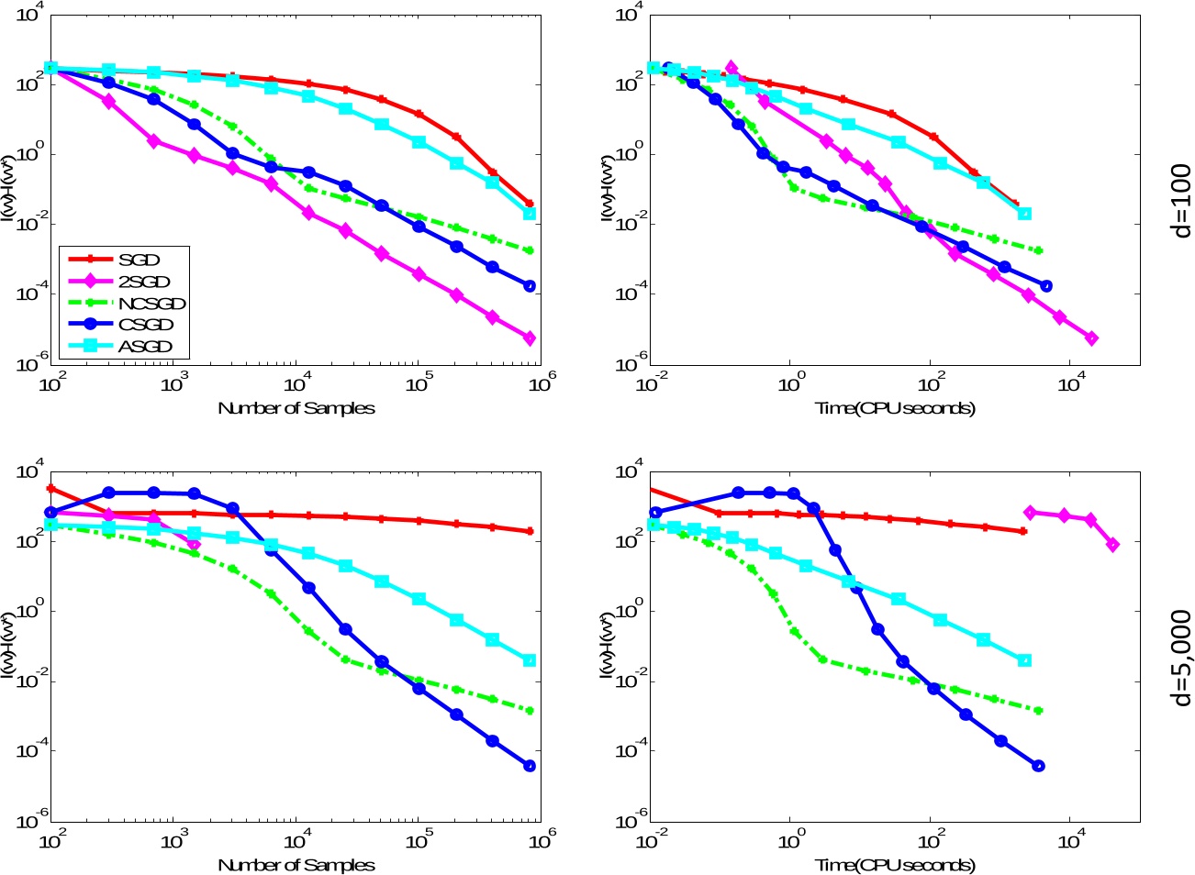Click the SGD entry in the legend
(x=139, y=260)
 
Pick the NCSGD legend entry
(x=151, y=304)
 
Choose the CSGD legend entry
(x=146, y=325)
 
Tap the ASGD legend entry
(x=145, y=347)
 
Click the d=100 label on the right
(x=1181, y=201)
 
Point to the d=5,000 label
(x=1181, y=658)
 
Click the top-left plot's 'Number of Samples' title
(x=296, y=408)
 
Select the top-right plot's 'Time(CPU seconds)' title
(x=896, y=408)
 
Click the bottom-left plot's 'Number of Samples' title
(x=296, y=865)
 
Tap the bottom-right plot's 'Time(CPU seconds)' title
(x=896, y=865)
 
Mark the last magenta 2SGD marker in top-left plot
(x=530, y=338)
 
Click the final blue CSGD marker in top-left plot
(x=530, y=286)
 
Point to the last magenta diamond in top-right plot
(x=1091, y=338)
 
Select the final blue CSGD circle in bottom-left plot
(x=530, y=766)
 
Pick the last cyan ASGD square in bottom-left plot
(x=530, y=660)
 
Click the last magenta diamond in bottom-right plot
(x=1113, y=545)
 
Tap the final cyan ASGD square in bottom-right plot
(x=1024, y=660)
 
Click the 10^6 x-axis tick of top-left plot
(x=542, y=382)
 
